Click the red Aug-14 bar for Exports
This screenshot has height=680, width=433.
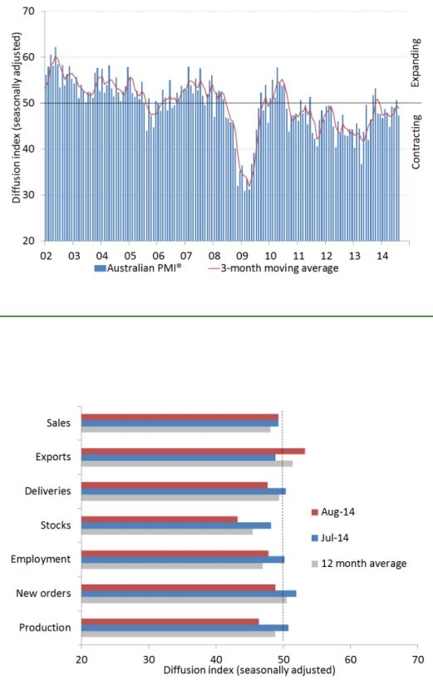tap(194, 451)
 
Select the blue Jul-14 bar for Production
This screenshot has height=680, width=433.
tap(185, 628)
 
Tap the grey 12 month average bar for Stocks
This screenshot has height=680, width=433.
tap(167, 531)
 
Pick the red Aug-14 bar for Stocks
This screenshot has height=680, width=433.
tap(160, 519)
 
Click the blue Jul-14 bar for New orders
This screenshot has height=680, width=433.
tap(189, 594)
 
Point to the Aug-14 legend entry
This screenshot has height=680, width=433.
tap(333, 511)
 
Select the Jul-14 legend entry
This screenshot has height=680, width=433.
tap(330, 538)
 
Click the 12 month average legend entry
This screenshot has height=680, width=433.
tap(359, 563)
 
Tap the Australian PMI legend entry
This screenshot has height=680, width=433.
tap(138, 268)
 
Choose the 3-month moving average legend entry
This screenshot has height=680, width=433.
tap(273, 268)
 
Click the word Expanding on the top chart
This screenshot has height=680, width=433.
tap(416, 63)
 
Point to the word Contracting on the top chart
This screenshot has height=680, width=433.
tap(416, 141)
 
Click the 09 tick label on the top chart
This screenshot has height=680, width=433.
tap(242, 256)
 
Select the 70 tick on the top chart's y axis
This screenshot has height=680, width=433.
tap(28, 11)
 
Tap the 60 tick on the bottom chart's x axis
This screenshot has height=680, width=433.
tap(351, 659)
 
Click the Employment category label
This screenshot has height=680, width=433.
tap(41, 559)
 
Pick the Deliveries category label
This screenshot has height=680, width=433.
tap(47, 491)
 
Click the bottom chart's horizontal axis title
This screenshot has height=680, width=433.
tap(249, 670)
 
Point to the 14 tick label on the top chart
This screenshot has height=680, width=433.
tap(381, 256)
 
